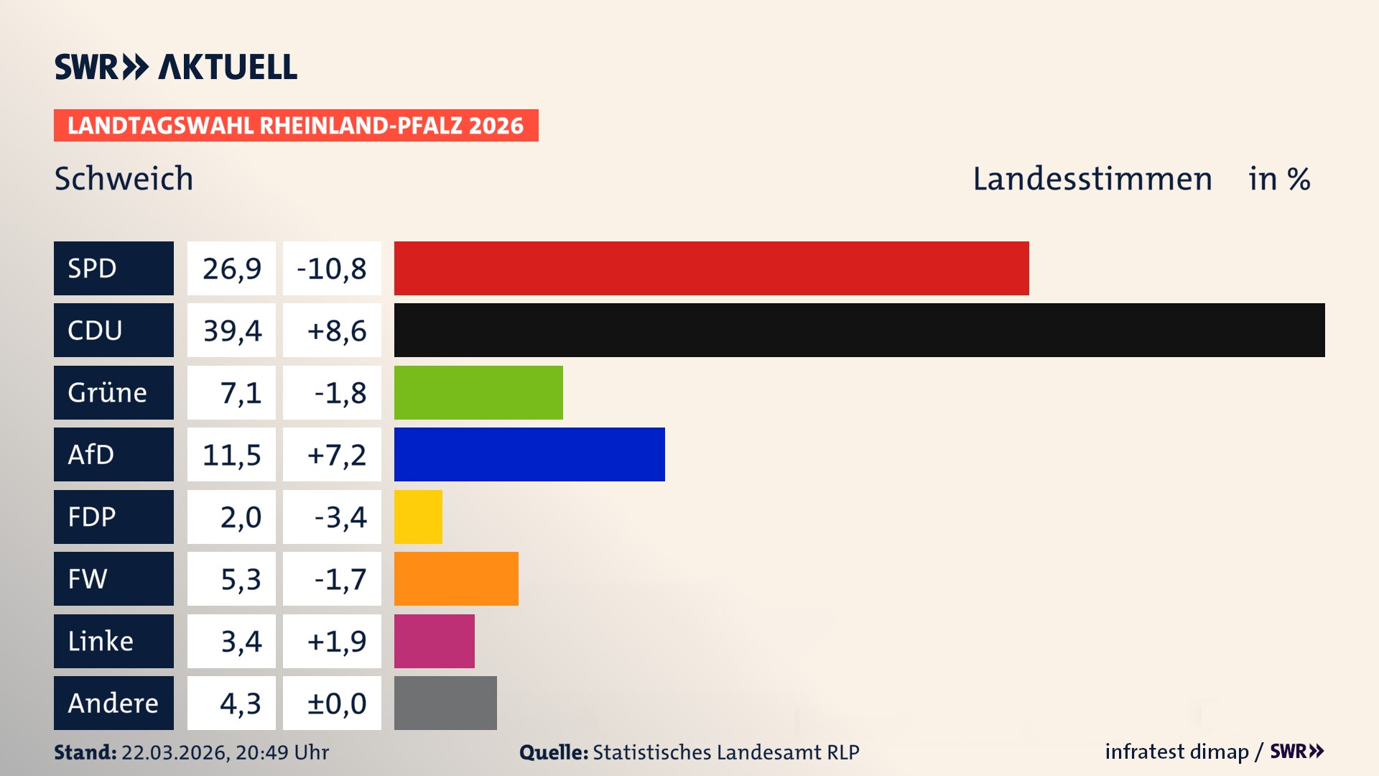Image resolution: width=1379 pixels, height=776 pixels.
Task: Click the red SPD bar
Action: tap(711, 268)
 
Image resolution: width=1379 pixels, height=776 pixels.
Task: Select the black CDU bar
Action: tap(859, 330)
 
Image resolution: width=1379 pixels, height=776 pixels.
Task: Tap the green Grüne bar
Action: tap(478, 392)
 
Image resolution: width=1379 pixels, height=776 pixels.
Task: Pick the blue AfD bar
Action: tap(529, 454)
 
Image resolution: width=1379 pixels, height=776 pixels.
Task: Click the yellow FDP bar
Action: tap(418, 517)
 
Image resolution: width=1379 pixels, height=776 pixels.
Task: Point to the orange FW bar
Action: tap(456, 578)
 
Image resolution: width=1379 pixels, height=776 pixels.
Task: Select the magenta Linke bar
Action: tap(434, 641)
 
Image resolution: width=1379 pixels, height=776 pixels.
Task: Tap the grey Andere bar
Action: tap(445, 703)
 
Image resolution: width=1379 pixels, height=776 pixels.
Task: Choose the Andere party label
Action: tap(113, 703)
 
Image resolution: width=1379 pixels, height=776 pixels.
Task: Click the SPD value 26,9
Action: tap(231, 268)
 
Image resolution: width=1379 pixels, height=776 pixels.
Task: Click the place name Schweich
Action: tap(124, 178)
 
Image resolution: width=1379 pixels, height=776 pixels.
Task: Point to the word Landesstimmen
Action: tap(1092, 178)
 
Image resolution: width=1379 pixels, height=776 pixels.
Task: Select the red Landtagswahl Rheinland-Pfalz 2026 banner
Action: tap(296, 125)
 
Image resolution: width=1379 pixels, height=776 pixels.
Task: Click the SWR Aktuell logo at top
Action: tap(175, 67)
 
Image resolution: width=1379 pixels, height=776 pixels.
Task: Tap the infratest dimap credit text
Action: tap(1176, 752)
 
